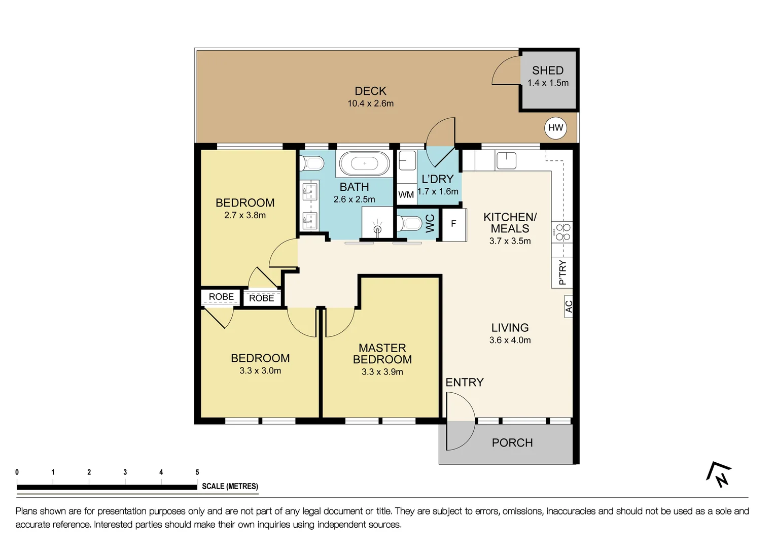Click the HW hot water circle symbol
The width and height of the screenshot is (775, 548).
click(555, 128)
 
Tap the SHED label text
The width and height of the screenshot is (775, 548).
click(547, 71)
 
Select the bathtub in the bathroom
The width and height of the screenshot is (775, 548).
click(365, 164)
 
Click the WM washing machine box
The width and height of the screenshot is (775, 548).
click(406, 194)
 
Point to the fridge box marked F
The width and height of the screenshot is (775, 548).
click(453, 224)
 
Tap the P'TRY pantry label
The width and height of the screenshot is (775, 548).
click(562, 272)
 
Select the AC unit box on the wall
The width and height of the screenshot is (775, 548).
click(569, 306)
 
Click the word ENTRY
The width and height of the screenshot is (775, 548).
click(464, 383)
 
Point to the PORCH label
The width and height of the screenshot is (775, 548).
click(512, 443)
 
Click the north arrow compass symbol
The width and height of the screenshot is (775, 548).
click(719, 474)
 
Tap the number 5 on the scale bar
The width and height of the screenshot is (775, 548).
click(197, 472)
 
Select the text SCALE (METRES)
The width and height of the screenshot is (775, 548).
click(230, 486)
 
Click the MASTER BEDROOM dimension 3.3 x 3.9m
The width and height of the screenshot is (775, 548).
click(382, 372)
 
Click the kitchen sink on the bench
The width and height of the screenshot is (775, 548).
click(506, 160)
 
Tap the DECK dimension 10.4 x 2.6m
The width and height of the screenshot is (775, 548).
click(370, 104)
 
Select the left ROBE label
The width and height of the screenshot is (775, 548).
click(221, 297)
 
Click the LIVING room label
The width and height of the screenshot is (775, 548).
click(510, 328)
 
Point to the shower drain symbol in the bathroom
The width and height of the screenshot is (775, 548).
click(377, 229)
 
